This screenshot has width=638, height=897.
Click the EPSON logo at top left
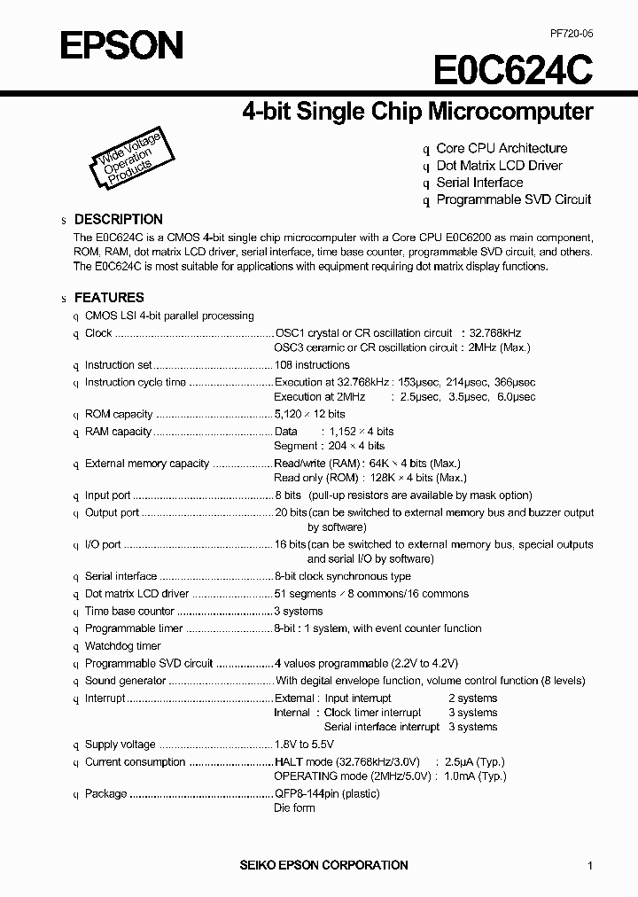(x=121, y=44)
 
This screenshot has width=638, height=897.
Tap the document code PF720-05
(x=570, y=33)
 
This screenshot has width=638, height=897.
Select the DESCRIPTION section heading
(x=118, y=219)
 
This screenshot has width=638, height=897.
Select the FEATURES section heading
(x=108, y=298)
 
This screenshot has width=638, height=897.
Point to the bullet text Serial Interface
(x=479, y=183)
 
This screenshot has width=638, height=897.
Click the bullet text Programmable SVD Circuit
(x=513, y=199)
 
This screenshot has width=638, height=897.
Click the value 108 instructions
(x=312, y=365)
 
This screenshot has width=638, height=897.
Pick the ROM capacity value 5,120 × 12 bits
(x=309, y=414)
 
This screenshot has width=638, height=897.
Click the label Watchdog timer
(x=122, y=646)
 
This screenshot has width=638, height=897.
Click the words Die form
(x=294, y=808)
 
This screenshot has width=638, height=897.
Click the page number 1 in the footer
(x=590, y=866)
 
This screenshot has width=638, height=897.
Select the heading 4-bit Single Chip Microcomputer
(x=417, y=112)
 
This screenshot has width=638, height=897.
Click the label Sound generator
(x=125, y=681)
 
